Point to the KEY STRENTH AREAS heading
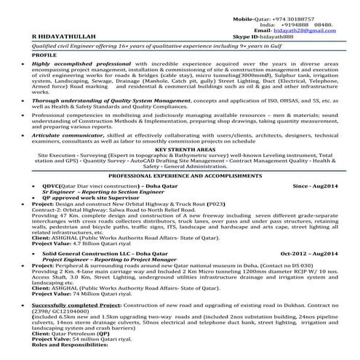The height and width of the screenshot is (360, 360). point(181,147)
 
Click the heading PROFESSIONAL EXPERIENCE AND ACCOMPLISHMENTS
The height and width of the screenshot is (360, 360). point(180,177)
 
